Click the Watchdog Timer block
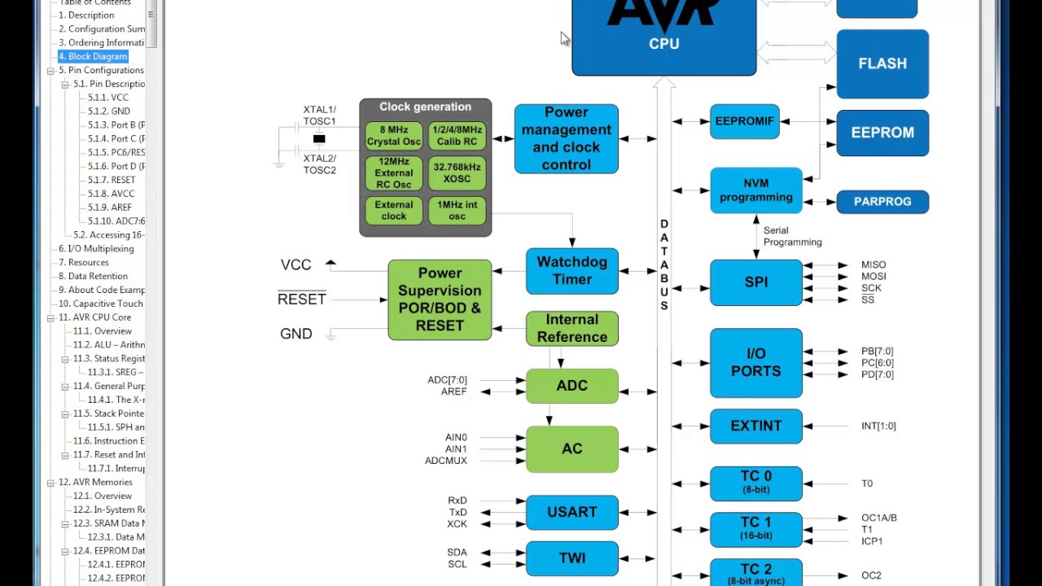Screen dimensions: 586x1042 [x=571, y=271]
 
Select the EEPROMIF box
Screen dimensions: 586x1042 [x=744, y=121]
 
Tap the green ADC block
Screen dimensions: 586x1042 [x=571, y=386]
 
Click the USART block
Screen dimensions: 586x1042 [x=571, y=512]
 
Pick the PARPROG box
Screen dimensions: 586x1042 [x=882, y=202]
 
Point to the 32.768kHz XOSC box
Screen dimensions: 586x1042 [x=457, y=173]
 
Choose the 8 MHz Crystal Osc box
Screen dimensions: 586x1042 [x=393, y=136]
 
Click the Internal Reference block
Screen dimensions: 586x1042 [x=571, y=328]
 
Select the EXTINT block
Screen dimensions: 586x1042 [x=755, y=426]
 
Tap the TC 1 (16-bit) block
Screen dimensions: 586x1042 [x=755, y=528]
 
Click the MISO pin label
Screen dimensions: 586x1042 [x=873, y=265]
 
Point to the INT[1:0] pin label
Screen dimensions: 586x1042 [x=878, y=426]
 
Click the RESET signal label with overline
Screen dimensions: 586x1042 [x=301, y=300]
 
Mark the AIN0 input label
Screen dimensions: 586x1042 [x=456, y=438]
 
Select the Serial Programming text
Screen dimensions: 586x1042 [x=792, y=236]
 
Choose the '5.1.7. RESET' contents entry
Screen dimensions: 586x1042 [x=112, y=180]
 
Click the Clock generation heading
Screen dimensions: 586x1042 [x=425, y=107]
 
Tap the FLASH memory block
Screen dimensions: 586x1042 [x=882, y=63]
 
